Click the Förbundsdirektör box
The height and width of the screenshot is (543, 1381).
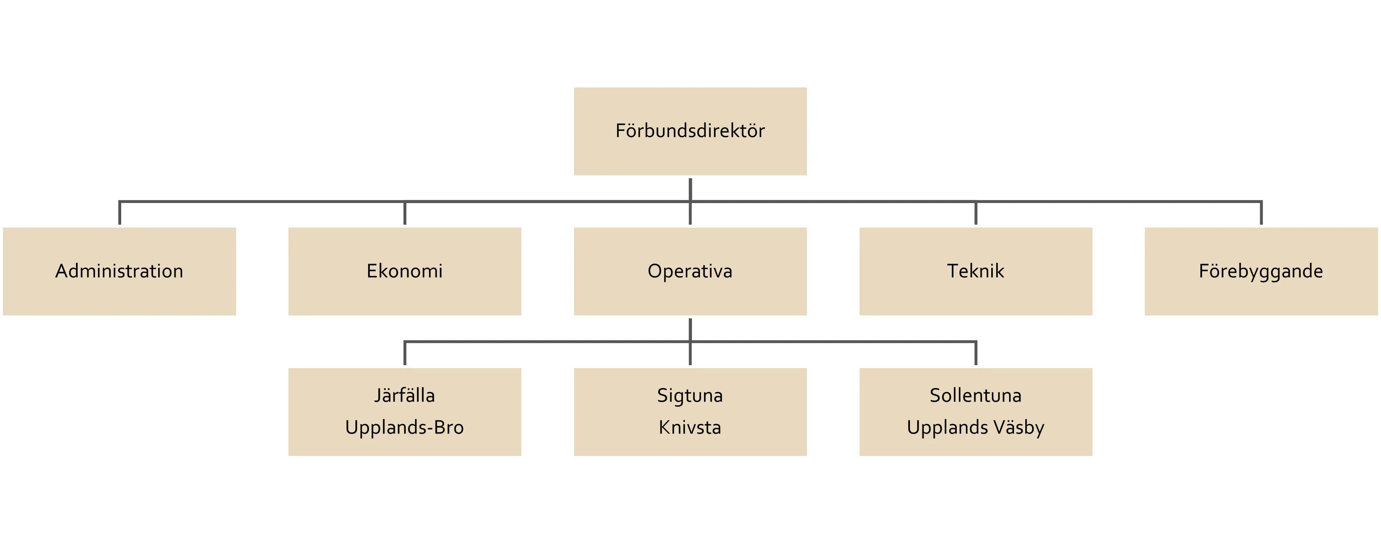click(x=690, y=131)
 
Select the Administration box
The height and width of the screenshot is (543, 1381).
click(x=119, y=271)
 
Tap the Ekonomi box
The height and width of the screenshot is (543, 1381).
click(x=405, y=271)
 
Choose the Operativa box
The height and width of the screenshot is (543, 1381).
click(x=690, y=271)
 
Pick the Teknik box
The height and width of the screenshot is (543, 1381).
click(x=976, y=271)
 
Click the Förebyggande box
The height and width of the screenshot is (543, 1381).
click(x=1261, y=271)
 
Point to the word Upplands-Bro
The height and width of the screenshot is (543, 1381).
click(x=405, y=428)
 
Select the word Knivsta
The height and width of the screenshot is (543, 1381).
click(x=690, y=428)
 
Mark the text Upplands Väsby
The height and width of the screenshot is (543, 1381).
click(x=976, y=428)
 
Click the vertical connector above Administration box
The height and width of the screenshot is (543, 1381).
click(x=120, y=213)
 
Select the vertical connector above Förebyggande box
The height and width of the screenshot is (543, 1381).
click(x=1261, y=213)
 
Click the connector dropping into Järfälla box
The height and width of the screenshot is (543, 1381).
click(x=405, y=354)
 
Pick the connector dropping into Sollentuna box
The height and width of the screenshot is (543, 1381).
click(x=976, y=354)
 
